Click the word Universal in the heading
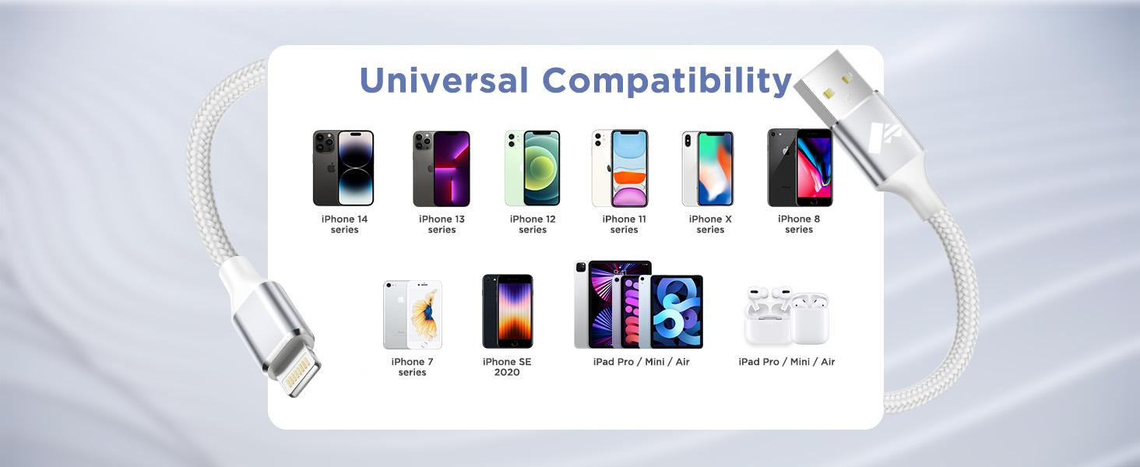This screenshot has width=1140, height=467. point(444,81)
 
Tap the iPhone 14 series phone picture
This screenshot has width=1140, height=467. point(343,168)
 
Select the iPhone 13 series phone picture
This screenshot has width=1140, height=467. point(442,168)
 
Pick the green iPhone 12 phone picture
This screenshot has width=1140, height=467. point(533,168)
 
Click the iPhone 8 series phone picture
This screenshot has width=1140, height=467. point(800,168)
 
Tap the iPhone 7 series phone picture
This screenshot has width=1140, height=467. point(412,314)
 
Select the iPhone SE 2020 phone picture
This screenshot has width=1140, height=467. point(507,311)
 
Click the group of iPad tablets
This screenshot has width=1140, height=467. point(639,305)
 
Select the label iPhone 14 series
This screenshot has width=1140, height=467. point(344,224)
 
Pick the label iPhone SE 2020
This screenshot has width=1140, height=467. point(507,367)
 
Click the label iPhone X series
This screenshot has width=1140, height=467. point(710,224)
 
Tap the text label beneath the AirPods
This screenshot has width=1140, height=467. point(786,362)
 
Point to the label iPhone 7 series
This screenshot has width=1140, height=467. point(412,367)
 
